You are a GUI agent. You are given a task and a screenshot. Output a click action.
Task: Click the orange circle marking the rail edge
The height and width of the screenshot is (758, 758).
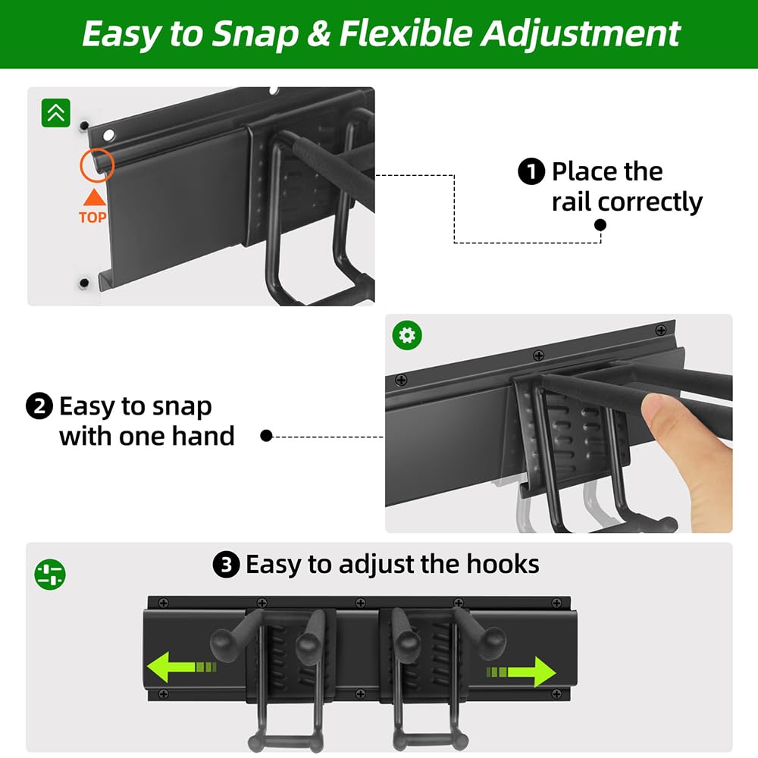(x=96, y=164)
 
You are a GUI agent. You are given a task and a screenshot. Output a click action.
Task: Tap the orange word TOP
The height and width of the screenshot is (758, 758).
(x=92, y=218)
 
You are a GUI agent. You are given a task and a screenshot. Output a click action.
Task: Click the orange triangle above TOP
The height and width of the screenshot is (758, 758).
(x=93, y=198)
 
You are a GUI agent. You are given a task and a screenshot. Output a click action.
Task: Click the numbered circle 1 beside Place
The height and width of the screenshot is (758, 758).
(x=531, y=172)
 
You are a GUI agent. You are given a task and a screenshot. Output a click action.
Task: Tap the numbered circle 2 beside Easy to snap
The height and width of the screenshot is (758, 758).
(x=39, y=407)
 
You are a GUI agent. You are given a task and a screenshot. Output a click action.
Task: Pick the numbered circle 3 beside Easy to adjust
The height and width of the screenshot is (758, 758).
(x=226, y=565)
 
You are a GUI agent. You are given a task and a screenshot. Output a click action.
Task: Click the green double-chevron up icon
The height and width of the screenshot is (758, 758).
(x=56, y=113)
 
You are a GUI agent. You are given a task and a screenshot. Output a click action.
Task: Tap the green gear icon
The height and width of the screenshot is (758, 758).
(x=408, y=335)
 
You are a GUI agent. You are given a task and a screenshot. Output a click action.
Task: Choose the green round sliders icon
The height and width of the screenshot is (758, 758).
(x=50, y=574)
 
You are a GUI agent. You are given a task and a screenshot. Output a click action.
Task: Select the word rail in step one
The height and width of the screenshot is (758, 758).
(x=572, y=202)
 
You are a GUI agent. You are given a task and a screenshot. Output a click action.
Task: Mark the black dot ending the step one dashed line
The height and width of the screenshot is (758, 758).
(x=600, y=225)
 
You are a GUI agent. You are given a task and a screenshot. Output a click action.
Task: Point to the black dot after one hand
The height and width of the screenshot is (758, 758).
(x=266, y=436)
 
